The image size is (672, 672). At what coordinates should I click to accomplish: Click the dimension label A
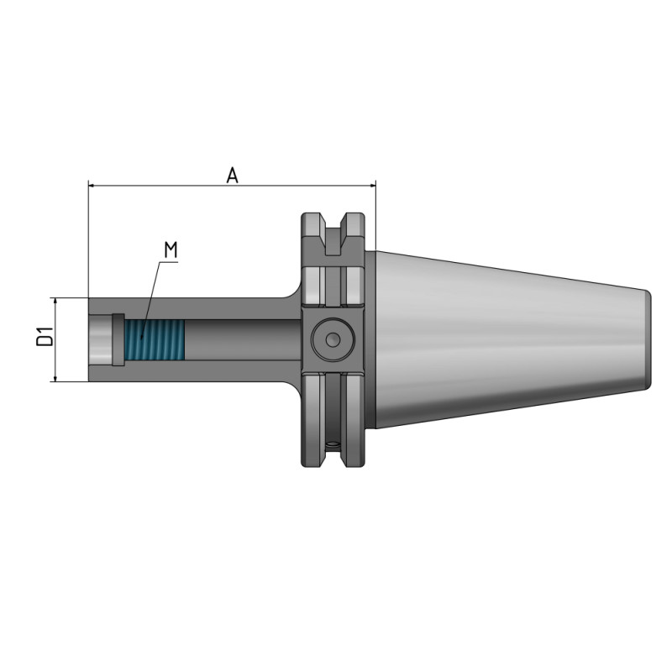tap(233, 175)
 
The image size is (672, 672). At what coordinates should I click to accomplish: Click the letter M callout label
tap(171, 249)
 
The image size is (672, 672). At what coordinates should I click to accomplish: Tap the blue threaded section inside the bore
tap(154, 340)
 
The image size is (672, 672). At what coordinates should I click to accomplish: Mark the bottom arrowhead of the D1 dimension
tap(55, 378)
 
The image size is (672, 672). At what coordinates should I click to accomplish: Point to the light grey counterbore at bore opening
tap(99, 340)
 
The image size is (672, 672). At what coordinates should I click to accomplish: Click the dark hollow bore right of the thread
tap(239, 340)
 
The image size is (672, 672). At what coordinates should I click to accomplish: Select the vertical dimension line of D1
tap(55, 339)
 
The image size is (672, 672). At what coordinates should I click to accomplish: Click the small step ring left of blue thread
tap(118, 340)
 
